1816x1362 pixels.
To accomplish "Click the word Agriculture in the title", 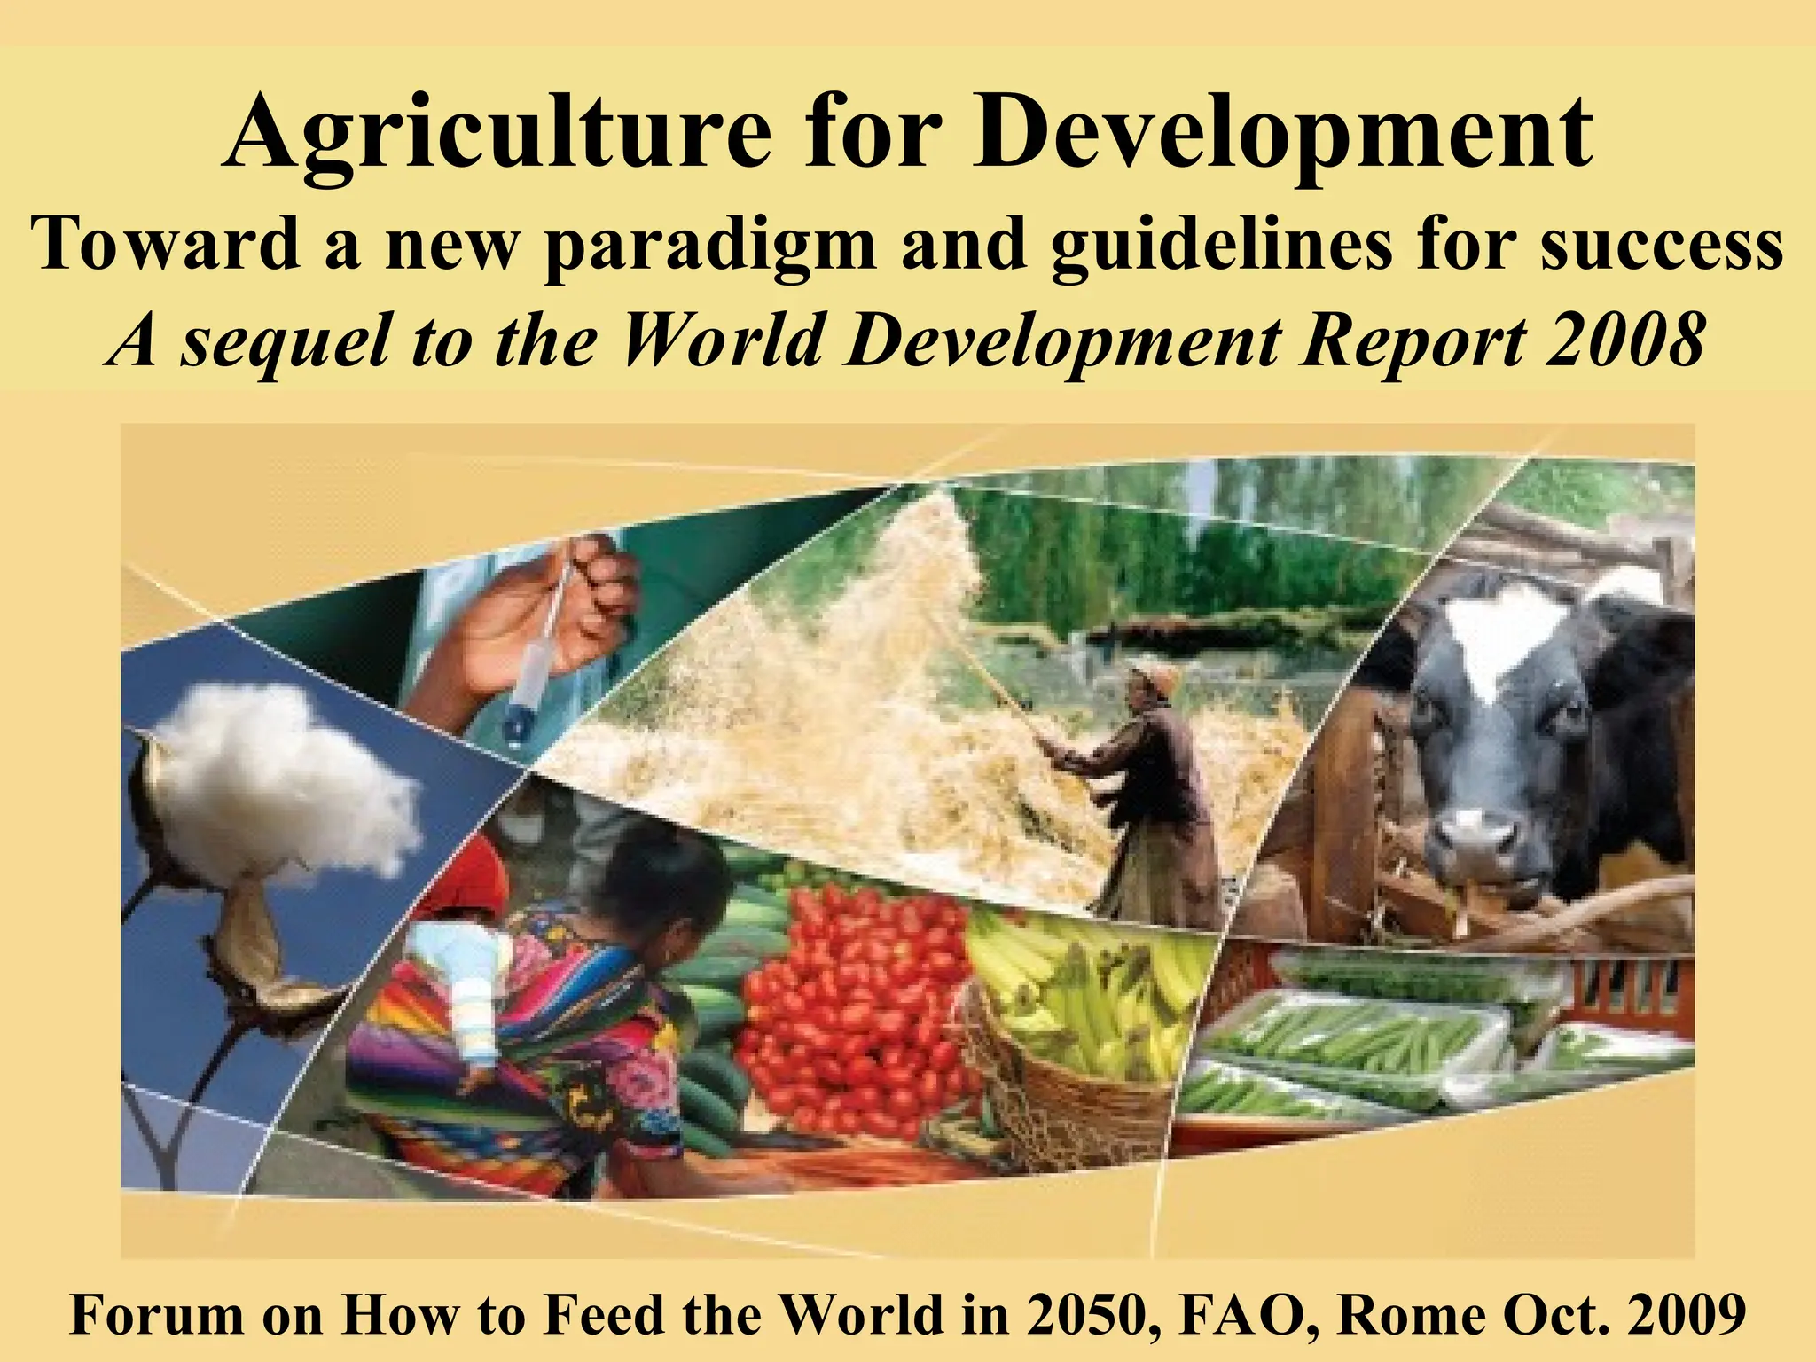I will (x=497, y=133).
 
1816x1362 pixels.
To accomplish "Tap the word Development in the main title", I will (x=1281, y=133).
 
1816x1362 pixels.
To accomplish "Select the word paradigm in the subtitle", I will (x=709, y=244).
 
